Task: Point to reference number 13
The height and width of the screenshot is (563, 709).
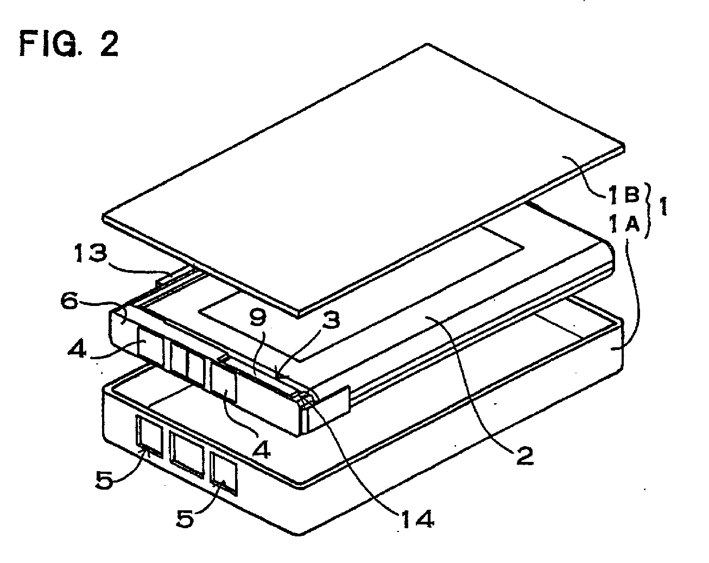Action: [91, 253]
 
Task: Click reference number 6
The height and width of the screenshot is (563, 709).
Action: [69, 301]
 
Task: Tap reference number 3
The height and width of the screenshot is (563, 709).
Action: [330, 320]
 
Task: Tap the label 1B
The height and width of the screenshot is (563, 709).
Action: [623, 194]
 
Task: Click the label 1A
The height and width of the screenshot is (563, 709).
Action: [624, 223]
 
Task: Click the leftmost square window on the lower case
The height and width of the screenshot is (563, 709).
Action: [149, 436]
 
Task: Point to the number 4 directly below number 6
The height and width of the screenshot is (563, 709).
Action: [77, 349]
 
